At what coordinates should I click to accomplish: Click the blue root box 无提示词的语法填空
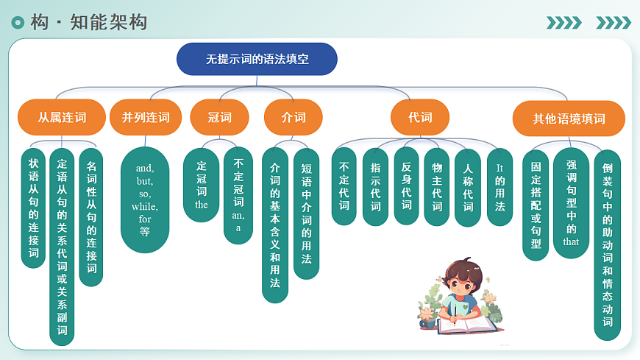257,59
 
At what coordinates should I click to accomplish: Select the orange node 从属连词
62,117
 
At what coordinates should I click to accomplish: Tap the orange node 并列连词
146,117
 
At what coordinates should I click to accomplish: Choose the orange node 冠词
219,117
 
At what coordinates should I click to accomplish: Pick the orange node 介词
294,117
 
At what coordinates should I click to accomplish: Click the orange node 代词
420,117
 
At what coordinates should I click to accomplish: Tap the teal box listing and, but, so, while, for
145,199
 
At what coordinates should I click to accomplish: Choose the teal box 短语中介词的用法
306,213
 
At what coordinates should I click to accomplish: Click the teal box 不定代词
344,187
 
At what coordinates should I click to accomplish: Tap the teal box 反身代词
406,187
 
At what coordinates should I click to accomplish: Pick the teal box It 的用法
499,187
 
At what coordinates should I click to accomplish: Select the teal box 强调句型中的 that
571,203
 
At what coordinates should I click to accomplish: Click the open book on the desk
466,324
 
